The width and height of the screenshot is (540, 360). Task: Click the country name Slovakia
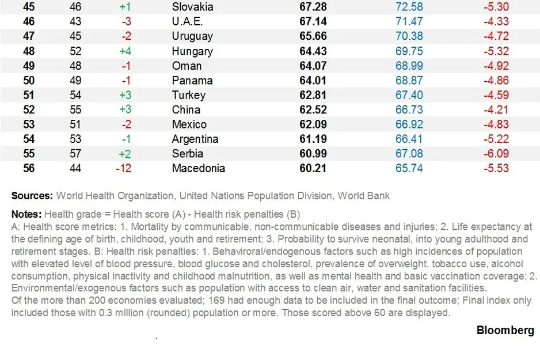pos(192,7)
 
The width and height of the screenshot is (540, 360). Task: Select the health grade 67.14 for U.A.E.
pos(313,21)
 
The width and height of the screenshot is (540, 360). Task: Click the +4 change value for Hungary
pos(125,51)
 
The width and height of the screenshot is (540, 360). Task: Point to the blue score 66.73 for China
pos(409,110)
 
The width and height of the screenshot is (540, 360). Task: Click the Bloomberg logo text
pos(505,330)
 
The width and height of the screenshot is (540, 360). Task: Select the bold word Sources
pos(32,196)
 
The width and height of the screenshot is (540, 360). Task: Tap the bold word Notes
pos(26,214)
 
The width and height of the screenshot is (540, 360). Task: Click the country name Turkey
pos(188,95)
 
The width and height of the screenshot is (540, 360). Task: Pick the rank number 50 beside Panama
pos(29,81)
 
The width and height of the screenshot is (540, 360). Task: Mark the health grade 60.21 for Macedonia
pos(313,169)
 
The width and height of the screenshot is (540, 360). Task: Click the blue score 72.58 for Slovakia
pos(409,7)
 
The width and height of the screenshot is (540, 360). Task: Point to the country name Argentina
pos(195,139)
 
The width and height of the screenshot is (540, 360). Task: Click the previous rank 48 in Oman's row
pos(75,66)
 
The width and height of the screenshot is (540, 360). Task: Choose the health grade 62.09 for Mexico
pos(313,124)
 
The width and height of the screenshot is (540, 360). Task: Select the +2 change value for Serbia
pos(125,154)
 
